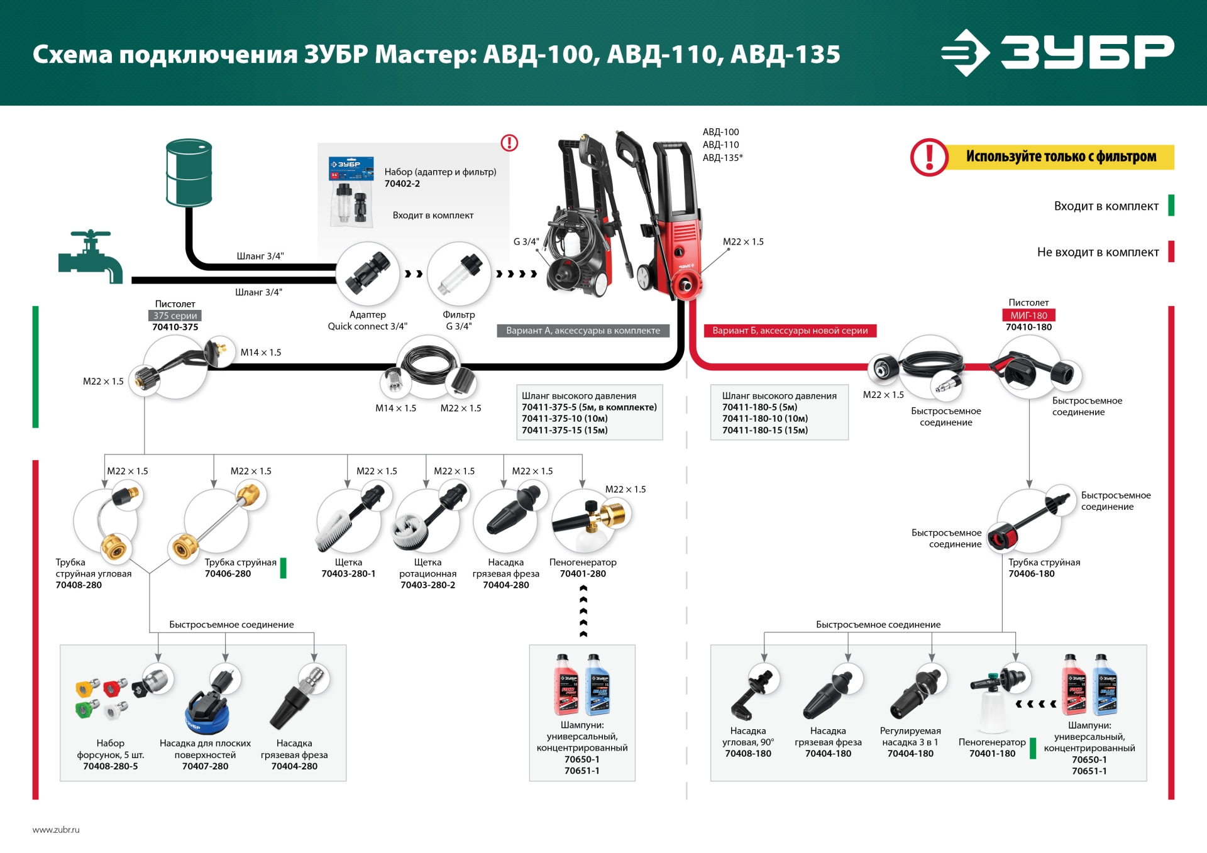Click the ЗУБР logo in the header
pyautogui.click(x=1057, y=52)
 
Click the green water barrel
pyautogui.click(x=189, y=172)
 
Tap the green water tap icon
pyautogui.click(x=91, y=256)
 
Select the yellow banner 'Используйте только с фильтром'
pyautogui.click(x=1061, y=157)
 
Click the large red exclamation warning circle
pyautogui.click(x=929, y=157)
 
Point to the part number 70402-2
pyautogui.click(x=402, y=184)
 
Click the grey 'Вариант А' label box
pyautogui.click(x=583, y=331)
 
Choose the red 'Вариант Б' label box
pyautogui.click(x=790, y=331)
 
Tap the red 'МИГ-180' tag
pyautogui.click(x=1028, y=316)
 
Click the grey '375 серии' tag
pyautogui.click(x=175, y=316)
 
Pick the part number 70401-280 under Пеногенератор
pyautogui.click(x=583, y=574)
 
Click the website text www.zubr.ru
pyautogui.click(x=56, y=830)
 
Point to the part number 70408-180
pyautogui.click(x=748, y=754)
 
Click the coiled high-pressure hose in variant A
pyautogui.click(x=429, y=363)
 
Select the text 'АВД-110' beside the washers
pyautogui.click(x=720, y=145)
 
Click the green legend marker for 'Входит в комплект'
pyautogui.click(x=1171, y=206)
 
